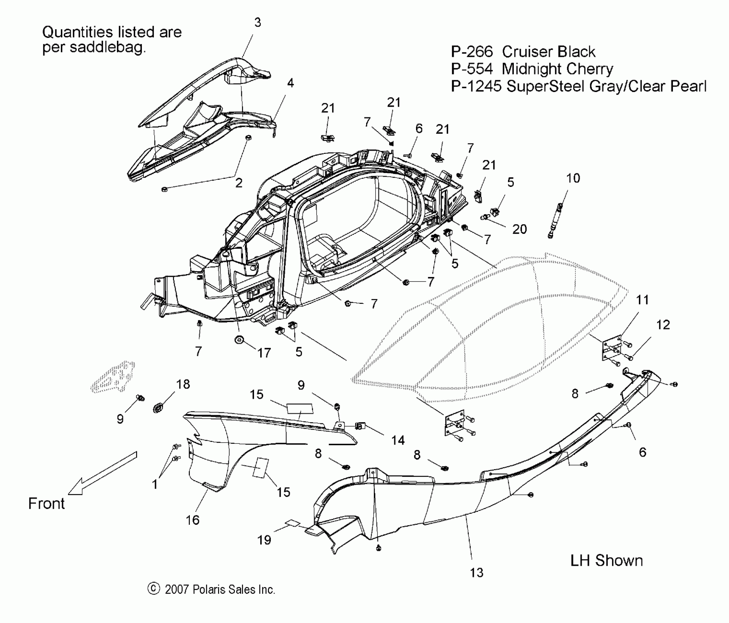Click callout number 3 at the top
click(x=258, y=23)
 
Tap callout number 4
click(x=290, y=83)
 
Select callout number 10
click(x=573, y=178)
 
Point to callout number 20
click(x=519, y=229)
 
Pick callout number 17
click(x=264, y=353)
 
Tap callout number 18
click(x=183, y=384)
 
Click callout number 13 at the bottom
click(x=476, y=572)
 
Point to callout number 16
click(x=192, y=520)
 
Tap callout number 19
click(x=264, y=540)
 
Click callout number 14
click(x=398, y=440)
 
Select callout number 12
click(x=663, y=325)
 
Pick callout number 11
click(x=642, y=300)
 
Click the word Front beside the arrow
click(x=47, y=504)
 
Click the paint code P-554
click(x=472, y=69)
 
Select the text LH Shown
click(x=607, y=561)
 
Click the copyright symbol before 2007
click(x=154, y=589)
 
